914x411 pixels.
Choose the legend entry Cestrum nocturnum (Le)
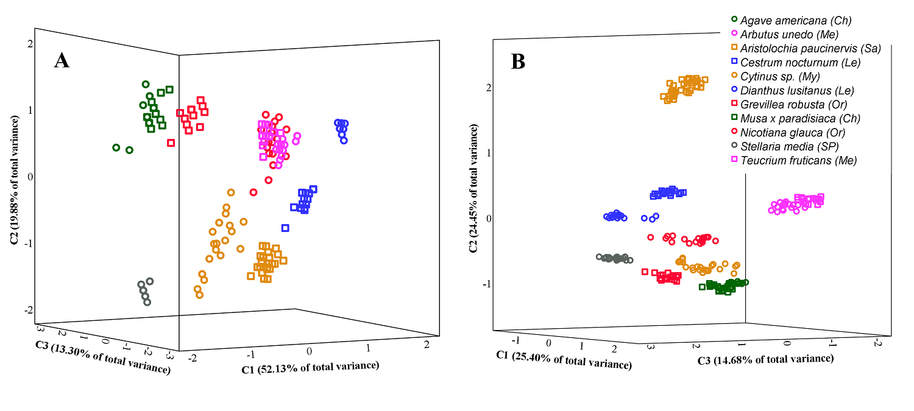click(792, 62)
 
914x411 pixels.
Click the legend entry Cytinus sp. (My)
click(774, 77)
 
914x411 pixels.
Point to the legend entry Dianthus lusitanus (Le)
click(789, 91)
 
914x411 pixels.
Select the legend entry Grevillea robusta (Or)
click(785, 105)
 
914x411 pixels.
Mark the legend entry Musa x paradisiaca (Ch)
click(791, 119)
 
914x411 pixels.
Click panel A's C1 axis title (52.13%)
click(310, 366)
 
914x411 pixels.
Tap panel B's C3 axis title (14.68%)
click(765, 359)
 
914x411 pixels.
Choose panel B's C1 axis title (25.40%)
click(564, 359)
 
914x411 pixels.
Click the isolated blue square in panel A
click(285, 228)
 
